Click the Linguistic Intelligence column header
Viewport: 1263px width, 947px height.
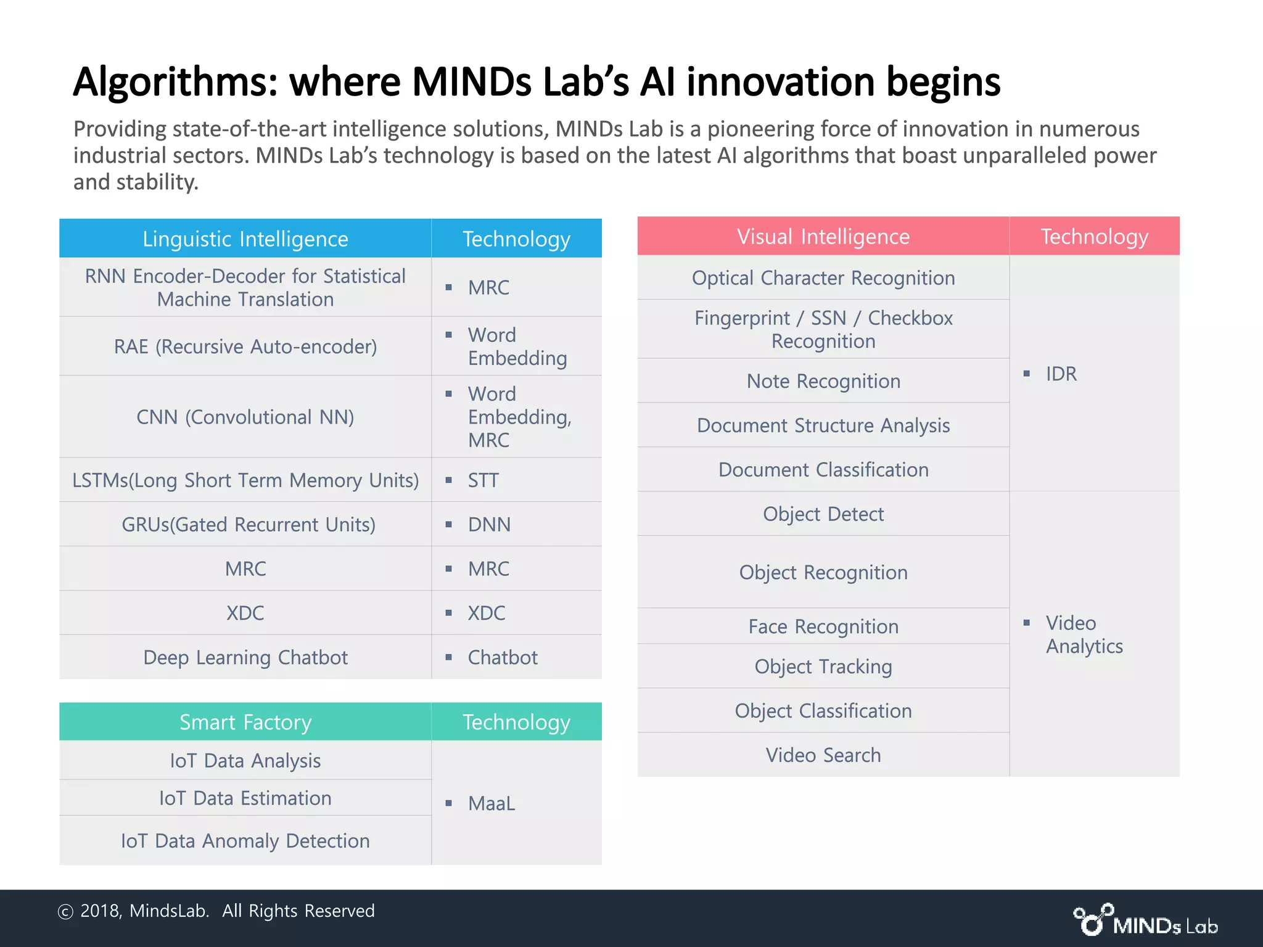245,239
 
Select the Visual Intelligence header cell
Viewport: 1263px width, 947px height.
823,236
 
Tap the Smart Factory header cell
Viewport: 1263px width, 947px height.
245,722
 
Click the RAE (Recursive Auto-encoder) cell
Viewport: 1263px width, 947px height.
245,346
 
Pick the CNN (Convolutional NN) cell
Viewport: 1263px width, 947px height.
245,417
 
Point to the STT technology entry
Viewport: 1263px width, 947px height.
483,480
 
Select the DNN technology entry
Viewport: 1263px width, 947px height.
489,525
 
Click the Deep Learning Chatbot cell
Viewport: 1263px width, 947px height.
245,658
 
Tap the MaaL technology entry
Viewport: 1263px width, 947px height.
492,803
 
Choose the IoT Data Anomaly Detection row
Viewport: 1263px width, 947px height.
245,841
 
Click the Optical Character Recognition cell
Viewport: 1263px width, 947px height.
823,278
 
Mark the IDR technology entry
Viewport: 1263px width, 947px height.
1061,374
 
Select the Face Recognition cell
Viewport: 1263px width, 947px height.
823,627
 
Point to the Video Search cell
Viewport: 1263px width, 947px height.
823,755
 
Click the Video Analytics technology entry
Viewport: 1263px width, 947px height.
1084,634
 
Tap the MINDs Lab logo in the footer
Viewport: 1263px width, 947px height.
1146,921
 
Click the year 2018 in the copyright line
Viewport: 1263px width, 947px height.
101,911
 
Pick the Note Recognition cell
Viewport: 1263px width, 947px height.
823,382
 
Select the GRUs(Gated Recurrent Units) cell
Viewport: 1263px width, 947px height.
249,525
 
